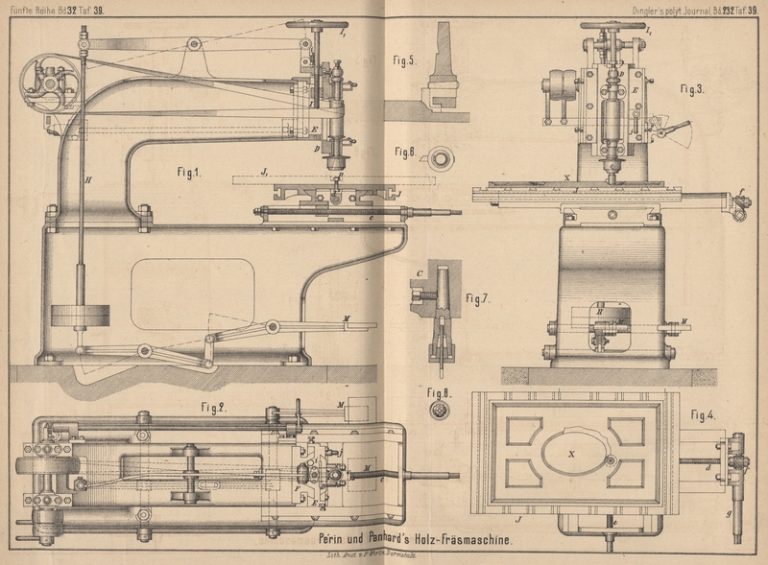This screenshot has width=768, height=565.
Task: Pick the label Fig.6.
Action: tap(404, 153)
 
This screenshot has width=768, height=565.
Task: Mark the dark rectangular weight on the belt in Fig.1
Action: tap(78, 317)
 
